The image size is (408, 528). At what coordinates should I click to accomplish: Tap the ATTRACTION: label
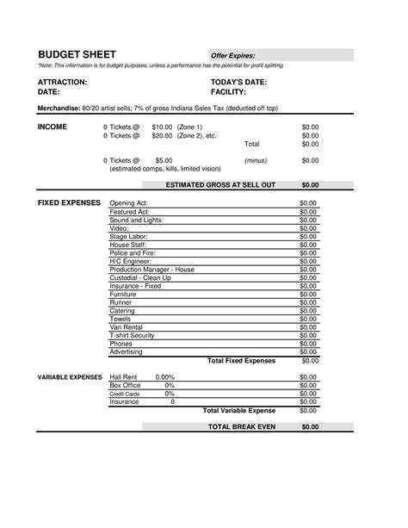click(62, 82)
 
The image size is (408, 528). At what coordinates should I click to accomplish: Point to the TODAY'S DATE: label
click(238, 82)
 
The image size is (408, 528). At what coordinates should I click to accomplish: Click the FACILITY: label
click(228, 91)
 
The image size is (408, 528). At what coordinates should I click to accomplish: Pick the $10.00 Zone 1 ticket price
click(162, 127)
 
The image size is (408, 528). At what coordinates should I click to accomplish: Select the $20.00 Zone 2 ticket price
click(162, 135)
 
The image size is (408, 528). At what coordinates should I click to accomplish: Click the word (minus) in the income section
click(255, 160)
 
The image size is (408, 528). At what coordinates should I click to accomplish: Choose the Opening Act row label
click(129, 202)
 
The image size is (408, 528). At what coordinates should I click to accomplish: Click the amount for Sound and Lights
click(308, 219)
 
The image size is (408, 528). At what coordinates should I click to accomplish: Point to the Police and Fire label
click(132, 252)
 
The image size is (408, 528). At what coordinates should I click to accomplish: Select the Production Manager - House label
click(151, 269)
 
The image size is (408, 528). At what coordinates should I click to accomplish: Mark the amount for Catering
click(308, 310)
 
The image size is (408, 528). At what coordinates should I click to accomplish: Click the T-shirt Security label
click(133, 335)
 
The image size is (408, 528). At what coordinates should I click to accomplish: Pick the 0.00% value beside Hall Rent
click(164, 377)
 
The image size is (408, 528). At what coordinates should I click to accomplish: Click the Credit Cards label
click(124, 394)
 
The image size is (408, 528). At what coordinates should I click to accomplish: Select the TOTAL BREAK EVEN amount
click(309, 426)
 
